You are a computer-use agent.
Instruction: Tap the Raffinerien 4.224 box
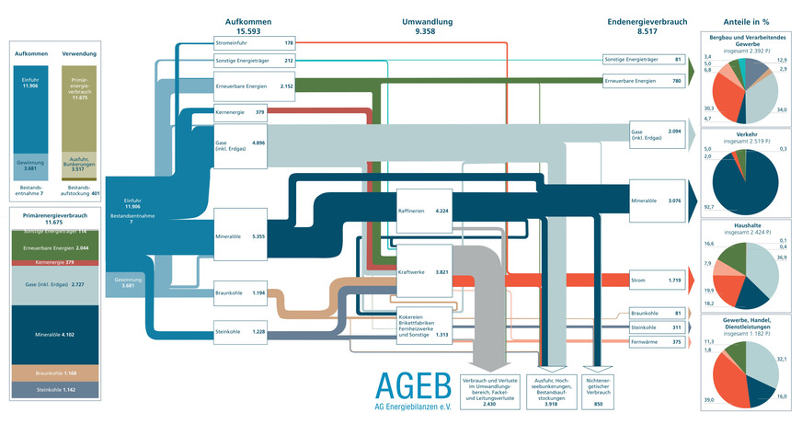point(424,211)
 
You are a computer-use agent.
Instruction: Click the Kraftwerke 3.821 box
point(424,272)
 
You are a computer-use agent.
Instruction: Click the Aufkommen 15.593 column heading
point(248,26)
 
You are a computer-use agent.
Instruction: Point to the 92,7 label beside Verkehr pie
point(708,210)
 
